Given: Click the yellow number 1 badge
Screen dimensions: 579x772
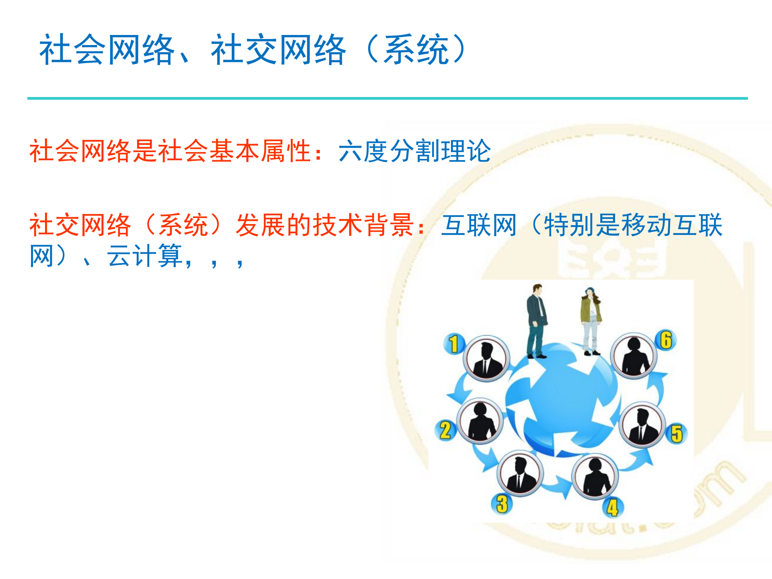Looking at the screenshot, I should pyautogui.click(x=454, y=344).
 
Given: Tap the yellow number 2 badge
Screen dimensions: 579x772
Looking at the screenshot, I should pyautogui.click(x=445, y=430).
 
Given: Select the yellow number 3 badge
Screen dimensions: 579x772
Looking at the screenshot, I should pyautogui.click(x=502, y=504).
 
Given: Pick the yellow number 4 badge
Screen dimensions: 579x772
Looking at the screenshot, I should pyautogui.click(x=612, y=508).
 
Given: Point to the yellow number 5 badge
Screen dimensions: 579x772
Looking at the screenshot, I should pyautogui.click(x=677, y=433).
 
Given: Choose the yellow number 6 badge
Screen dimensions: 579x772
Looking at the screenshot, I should pyautogui.click(x=666, y=340).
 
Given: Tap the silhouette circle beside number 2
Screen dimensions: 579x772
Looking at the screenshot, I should pyautogui.click(x=480, y=421).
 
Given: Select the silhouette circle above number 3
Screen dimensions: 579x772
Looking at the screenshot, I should pyautogui.click(x=520, y=474).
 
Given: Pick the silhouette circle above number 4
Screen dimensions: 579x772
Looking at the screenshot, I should pyautogui.click(x=595, y=477).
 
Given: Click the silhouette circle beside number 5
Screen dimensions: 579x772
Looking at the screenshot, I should pyautogui.click(x=642, y=425).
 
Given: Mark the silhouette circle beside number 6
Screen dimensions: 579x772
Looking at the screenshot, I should pyautogui.click(x=634, y=356).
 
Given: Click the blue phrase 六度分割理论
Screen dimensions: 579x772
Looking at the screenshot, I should pyautogui.click(x=414, y=151).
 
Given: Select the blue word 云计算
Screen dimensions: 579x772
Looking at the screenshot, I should pyautogui.click(x=145, y=256).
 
